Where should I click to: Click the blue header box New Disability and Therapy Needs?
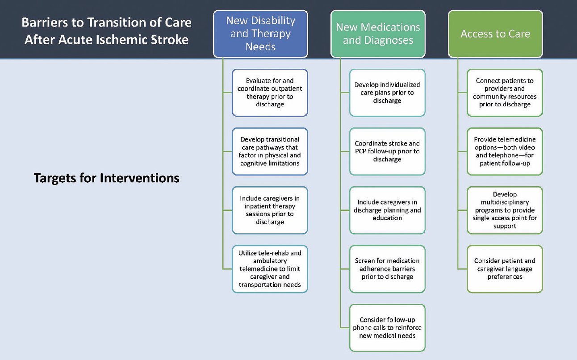coord(260,34)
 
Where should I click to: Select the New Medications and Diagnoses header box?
coord(378,34)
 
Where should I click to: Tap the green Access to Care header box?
coord(495,34)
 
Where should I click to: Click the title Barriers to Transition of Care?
coord(107,22)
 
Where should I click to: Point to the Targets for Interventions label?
coord(107,178)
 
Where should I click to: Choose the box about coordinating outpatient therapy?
coord(270,93)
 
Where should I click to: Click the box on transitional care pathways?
coord(270,151)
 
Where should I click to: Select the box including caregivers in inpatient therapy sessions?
coord(270,210)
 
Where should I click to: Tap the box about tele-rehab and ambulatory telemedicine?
coord(270,269)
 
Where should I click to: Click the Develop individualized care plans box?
coord(387,93)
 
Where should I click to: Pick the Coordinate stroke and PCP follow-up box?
coord(387,151)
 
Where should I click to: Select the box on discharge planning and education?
coord(387,210)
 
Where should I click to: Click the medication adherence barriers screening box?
coord(387,269)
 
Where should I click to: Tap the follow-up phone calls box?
coord(387,327)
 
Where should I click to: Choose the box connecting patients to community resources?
coord(505,93)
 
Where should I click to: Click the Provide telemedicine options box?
coord(505,151)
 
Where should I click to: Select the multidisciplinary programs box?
coord(505,210)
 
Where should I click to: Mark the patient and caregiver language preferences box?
coord(505,269)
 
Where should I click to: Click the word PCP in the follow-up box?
coord(361,151)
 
